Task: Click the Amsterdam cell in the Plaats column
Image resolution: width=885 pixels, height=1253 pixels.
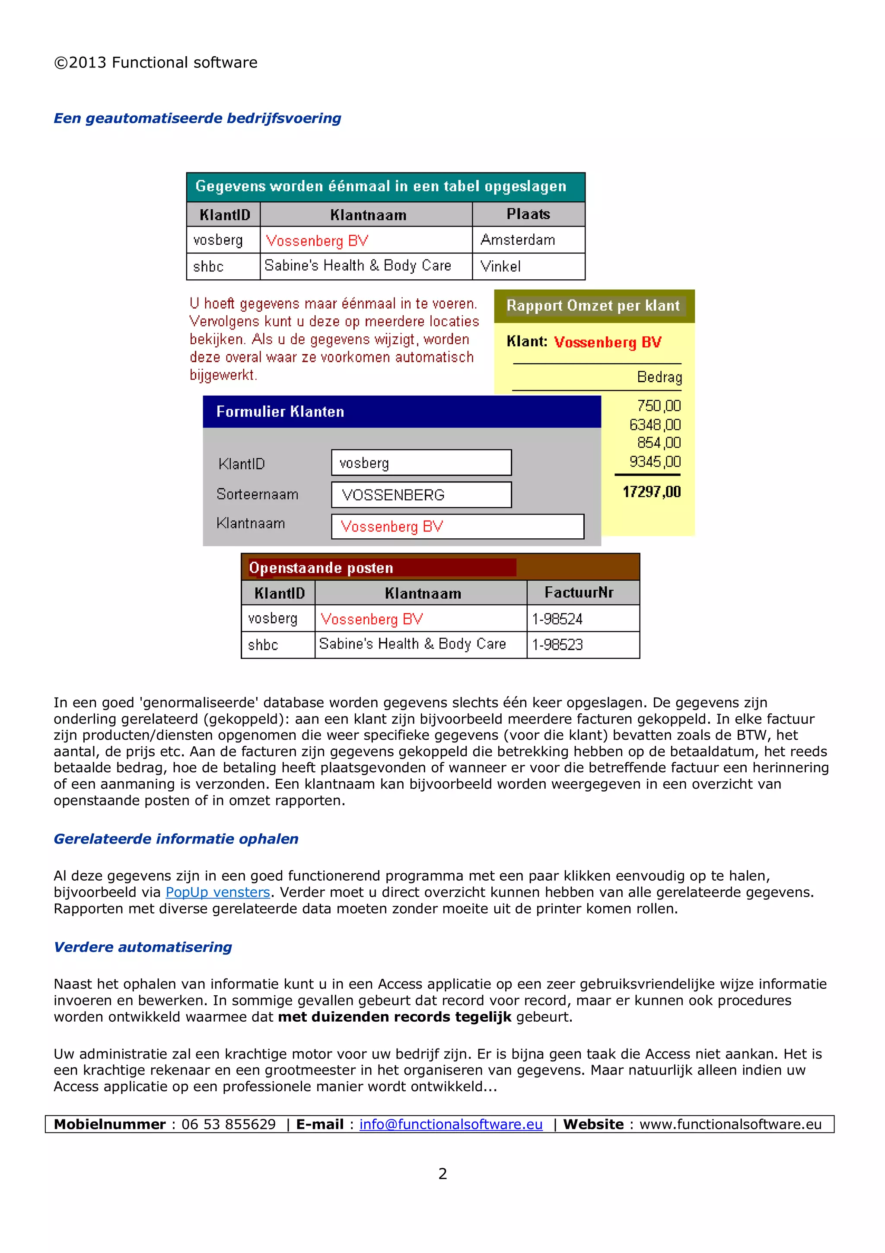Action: (518, 240)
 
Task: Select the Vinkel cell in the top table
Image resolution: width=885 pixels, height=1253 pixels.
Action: (500, 266)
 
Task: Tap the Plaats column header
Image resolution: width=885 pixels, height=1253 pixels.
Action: (528, 214)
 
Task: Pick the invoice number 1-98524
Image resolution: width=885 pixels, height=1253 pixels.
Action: (557, 619)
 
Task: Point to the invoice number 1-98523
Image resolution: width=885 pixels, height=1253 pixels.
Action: (557, 645)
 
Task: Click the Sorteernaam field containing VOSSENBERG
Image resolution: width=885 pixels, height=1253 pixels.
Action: (421, 495)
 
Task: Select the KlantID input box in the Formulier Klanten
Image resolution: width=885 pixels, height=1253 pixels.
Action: (421, 463)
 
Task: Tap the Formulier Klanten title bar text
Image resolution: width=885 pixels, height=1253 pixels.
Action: (280, 412)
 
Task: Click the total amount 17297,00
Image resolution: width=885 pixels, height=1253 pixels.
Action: (651, 492)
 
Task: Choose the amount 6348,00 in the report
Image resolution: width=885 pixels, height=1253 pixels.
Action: (654, 425)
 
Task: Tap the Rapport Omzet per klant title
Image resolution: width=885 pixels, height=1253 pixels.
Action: (593, 306)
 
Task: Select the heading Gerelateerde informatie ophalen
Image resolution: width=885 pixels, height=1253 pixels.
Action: (175, 839)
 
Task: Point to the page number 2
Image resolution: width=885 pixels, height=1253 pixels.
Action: (442, 1173)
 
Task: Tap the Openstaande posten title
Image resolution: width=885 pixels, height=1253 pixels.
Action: (321, 568)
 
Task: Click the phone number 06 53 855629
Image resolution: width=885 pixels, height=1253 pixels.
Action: (229, 1124)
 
